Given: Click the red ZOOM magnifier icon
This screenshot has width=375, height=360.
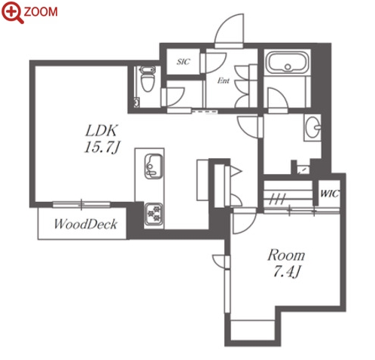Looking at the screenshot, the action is click(x=13, y=12).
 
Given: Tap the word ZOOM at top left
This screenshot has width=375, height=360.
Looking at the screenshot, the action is click(x=41, y=12).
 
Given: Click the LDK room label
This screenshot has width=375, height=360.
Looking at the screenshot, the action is click(x=102, y=131).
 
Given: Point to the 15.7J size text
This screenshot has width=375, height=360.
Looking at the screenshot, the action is click(x=101, y=147).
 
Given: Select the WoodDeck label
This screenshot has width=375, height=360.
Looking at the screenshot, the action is click(x=86, y=224).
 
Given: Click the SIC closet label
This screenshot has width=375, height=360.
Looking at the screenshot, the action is click(x=183, y=62).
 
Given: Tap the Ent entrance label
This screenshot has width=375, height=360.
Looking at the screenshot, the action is click(x=224, y=81).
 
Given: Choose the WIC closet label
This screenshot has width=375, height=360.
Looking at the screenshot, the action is click(x=330, y=194).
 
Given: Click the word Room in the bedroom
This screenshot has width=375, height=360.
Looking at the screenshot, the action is click(x=286, y=255).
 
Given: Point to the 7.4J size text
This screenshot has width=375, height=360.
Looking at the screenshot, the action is click(x=286, y=271).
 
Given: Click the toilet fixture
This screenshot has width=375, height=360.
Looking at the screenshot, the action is click(x=147, y=79).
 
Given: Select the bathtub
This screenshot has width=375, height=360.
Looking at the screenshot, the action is click(x=288, y=63).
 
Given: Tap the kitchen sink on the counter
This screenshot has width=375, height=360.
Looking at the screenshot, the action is click(x=154, y=166).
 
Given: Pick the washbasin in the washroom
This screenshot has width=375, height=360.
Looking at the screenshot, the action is click(x=313, y=127).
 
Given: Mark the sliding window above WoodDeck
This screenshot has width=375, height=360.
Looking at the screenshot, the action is click(x=81, y=205).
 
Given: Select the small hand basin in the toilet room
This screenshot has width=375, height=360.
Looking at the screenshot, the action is click(x=136, y=102).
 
